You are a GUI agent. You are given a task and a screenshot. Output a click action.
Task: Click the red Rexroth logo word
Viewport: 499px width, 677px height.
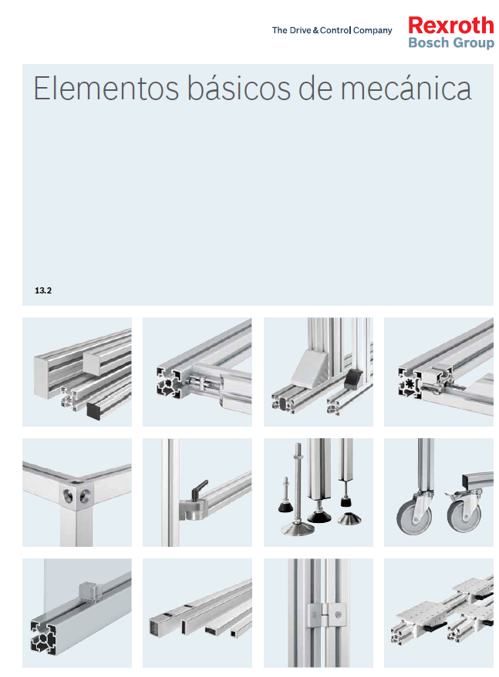pyautogui.click(x=450, y=25)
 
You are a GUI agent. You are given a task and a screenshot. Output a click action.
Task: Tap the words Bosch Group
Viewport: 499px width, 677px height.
pyautogui.click(x=451, y=42)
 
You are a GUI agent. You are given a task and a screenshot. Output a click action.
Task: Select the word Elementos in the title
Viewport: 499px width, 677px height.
pyautogui.click(x=106, y=89)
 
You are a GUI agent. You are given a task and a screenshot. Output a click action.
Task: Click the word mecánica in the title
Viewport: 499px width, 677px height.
pyautogui.click(x=406, y=89)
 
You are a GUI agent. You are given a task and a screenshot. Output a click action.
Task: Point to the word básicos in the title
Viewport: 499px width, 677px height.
pyautogui.click(x=238, y=89)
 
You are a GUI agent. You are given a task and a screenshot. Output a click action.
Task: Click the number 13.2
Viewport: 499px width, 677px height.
pyautogui.click(x=43, y=290)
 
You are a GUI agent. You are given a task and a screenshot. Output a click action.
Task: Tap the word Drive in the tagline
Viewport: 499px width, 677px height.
pyautogui.click(x=300, y=30)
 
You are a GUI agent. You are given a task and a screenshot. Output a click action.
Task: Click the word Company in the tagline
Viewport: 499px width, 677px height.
pyautogui.click(x=373, y=31)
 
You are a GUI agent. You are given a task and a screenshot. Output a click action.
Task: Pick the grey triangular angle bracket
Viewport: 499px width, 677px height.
pyautogui.click(x=311, y=368)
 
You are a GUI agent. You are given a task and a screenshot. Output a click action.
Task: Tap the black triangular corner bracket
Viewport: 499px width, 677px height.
pyautogui.click(x=354, y=379)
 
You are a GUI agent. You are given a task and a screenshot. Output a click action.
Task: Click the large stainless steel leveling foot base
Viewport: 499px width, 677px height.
pyautogui.click(x=298, y=528)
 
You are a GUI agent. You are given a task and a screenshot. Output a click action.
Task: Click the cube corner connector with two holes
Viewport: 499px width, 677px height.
pyautogui.click(x=76, y=494)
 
